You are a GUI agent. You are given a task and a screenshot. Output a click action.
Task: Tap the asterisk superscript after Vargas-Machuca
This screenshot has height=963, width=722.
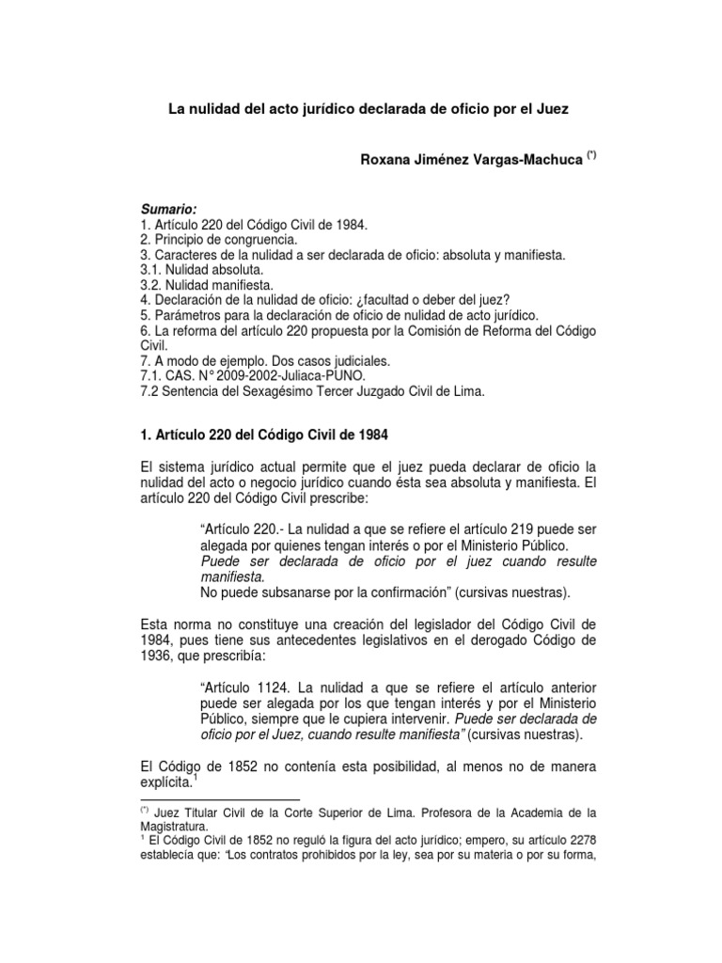589,156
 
